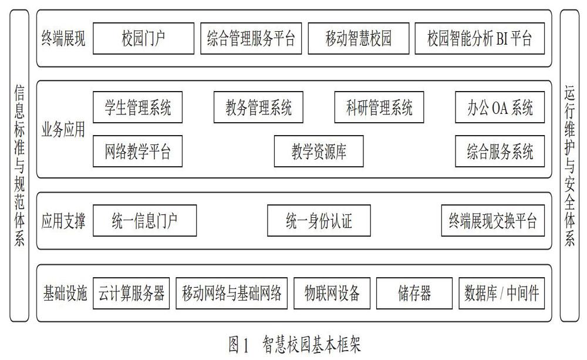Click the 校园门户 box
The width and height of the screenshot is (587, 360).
point(143,38)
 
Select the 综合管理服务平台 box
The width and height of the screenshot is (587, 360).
point(251,38)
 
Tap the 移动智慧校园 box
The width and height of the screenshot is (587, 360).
point(358,38)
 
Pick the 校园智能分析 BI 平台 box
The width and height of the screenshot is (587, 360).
point(480,38)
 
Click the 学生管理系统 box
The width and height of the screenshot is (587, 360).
point(137,107)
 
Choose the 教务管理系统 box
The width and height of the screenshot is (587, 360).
point(258,107)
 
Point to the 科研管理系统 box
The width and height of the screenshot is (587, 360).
point(379,107)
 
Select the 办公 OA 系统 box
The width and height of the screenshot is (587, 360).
point(500,107)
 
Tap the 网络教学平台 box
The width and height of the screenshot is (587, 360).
point(137,152)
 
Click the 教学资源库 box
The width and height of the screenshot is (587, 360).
point(319,152)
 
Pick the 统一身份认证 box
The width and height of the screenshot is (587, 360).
point(319,221)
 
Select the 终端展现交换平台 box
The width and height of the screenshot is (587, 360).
point(492,221)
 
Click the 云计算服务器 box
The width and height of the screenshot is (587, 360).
point(131,293)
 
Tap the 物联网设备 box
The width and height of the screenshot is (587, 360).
point(332,293)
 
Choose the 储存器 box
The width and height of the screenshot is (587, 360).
point(414,293)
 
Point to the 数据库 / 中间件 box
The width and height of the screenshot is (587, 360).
point(502,293)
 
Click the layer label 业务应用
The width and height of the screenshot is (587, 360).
point(63,130)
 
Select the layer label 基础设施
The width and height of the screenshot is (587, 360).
point(65,293)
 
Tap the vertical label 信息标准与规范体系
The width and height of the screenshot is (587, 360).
point(19,165)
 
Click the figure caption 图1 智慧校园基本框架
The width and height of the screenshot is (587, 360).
point(295,344)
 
